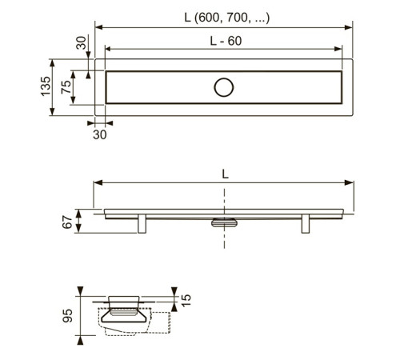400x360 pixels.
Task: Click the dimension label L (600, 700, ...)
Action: [227, 18]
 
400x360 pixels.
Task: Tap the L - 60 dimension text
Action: [226, 41]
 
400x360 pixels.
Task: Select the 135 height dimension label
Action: [46, 86]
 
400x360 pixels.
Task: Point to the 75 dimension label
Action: [66, 87]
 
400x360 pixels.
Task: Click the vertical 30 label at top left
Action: [82, 42]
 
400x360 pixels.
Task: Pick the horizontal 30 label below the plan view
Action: [100, 134]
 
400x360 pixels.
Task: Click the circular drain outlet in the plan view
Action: [224, 87]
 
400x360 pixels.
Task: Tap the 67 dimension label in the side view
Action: [67, 222]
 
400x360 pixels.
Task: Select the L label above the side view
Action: [226, 174]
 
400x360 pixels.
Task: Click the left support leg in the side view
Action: [142, 223]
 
